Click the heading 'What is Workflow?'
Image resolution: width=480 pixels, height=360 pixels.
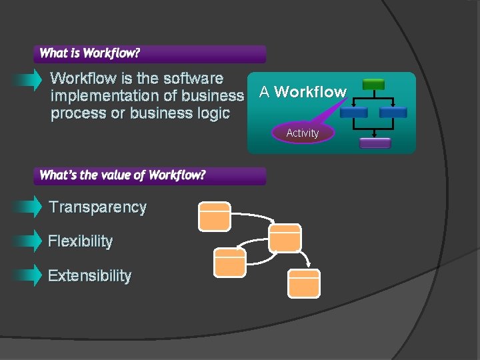coord(90,53)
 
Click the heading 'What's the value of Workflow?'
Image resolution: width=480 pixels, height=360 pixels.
coord(123,175)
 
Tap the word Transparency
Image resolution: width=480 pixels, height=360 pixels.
coord(98,207)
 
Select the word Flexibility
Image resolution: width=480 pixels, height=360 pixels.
coord(81,241)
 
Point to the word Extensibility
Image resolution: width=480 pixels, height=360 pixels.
coord(90,276)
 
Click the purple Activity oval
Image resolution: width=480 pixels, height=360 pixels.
coord(302,133)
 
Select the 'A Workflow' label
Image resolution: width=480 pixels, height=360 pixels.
coord(303,92)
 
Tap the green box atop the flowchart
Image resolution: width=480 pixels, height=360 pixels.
coord(373,85)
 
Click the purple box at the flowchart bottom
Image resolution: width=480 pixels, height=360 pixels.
coord(375,143)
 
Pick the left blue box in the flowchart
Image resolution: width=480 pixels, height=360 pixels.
coord(353,112)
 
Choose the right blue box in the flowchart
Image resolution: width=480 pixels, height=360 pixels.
coord(393,112)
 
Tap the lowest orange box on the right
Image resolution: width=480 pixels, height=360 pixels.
coord(304,283)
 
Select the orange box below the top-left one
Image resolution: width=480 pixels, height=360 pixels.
coord(230,262)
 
